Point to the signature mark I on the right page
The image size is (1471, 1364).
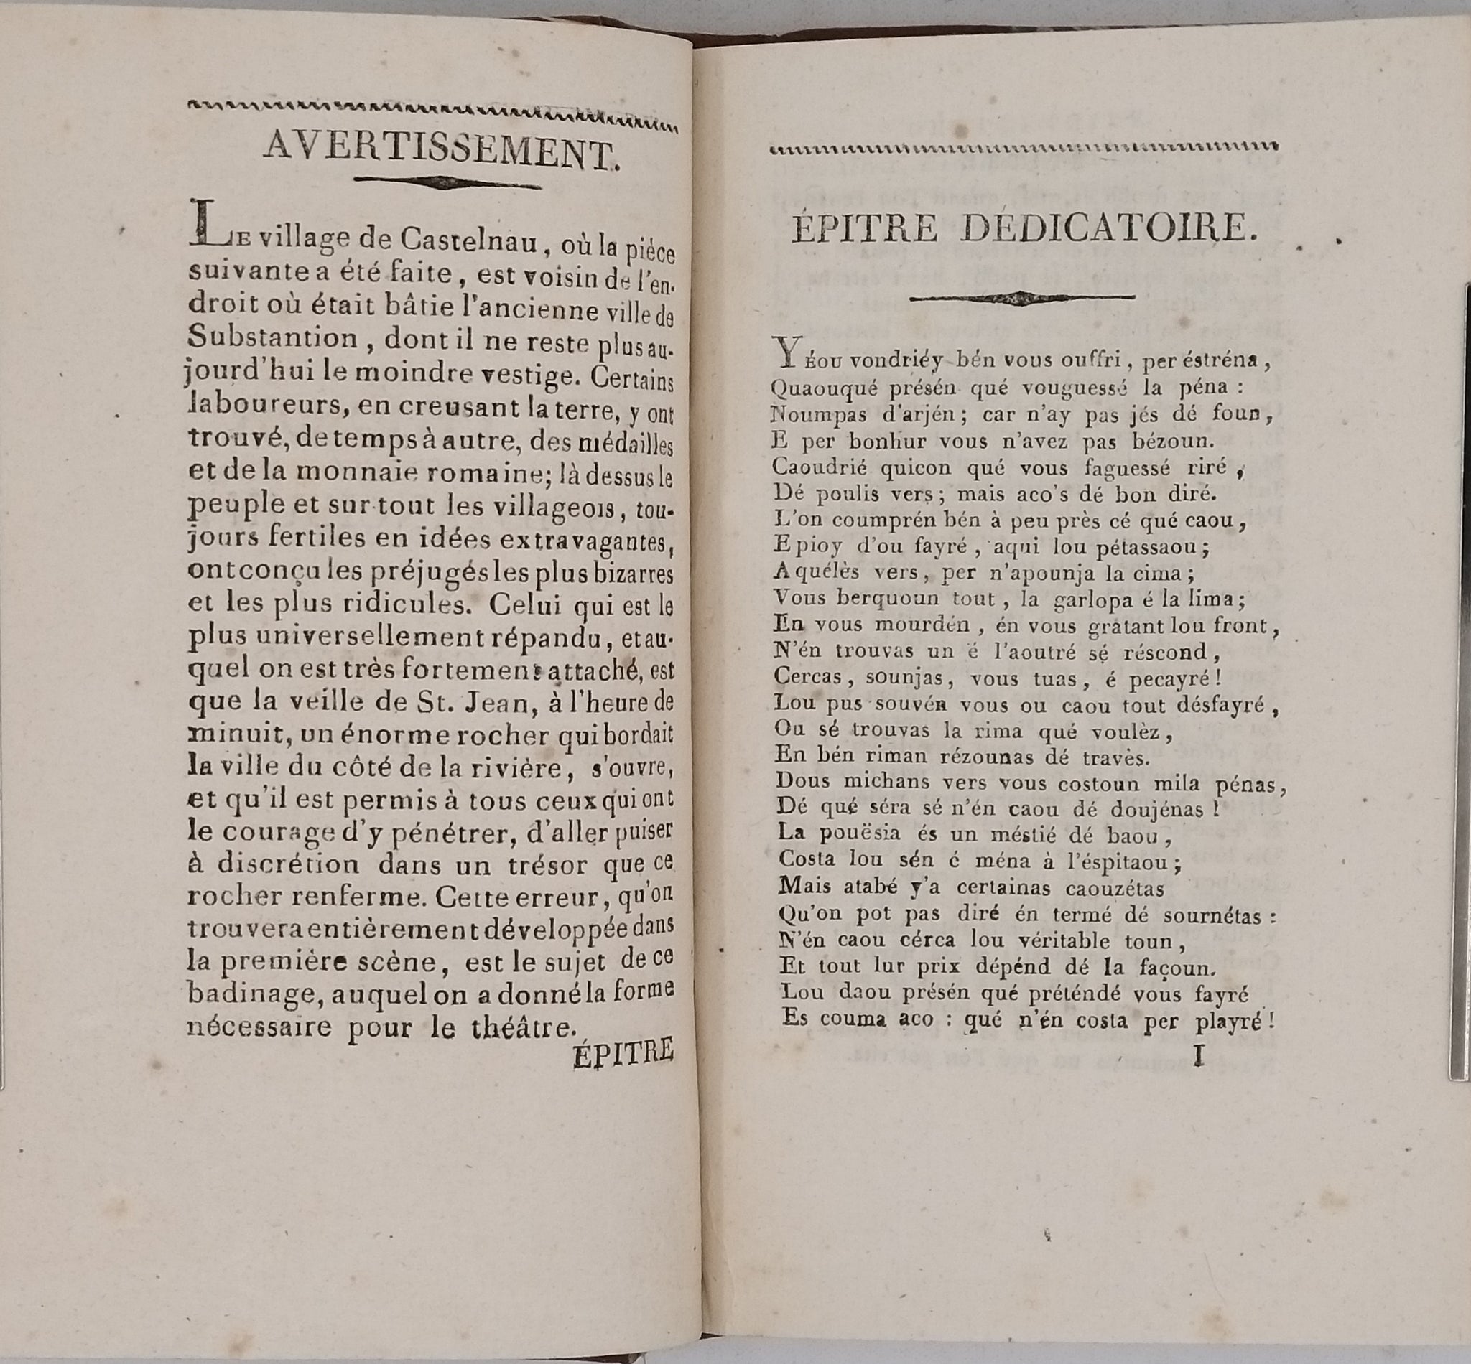(x=1198, y=1057)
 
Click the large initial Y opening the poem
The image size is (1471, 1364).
(x=782, y=351)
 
